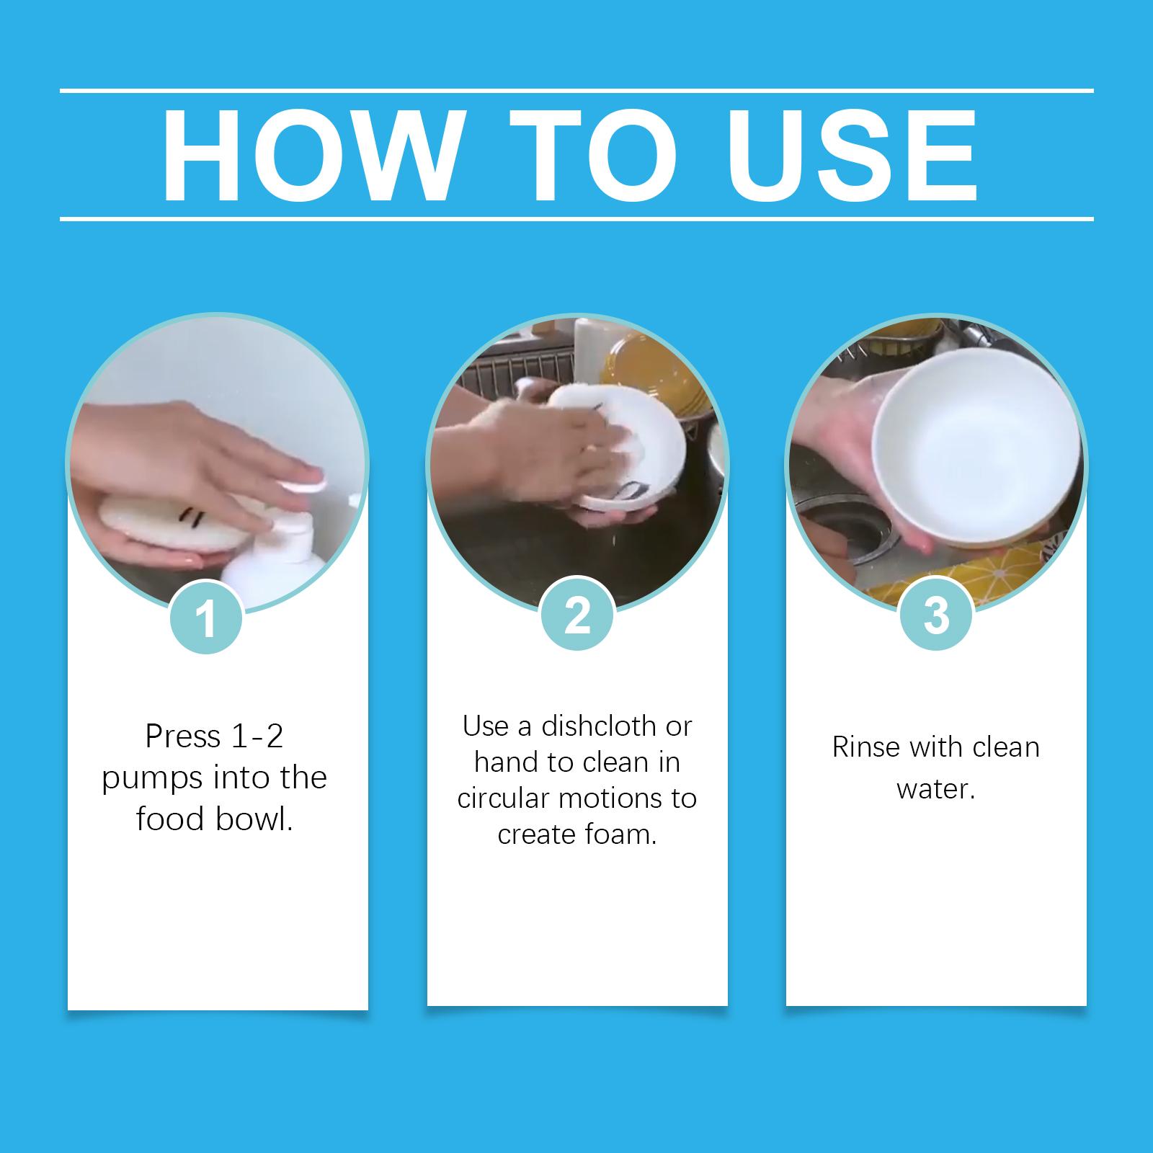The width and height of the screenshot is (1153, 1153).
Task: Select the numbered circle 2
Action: pos(577,616)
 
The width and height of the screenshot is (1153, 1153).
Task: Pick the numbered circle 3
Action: pos(936,615)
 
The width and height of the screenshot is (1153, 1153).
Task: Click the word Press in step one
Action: pos(183,736)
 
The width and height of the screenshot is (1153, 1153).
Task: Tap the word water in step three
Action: pos(935,789)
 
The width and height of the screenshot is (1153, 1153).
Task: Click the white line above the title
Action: pos(576,91)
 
